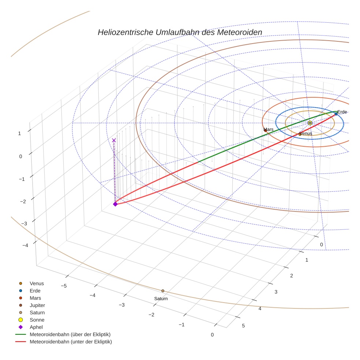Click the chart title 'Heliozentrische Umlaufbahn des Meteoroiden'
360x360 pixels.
point(180,32)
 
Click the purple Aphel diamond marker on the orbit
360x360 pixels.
point(115,204)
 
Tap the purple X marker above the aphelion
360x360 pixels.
point(114,140)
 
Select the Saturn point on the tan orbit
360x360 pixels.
point(163,291)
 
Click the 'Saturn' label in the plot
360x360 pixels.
point(161,299)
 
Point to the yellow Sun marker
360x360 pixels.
point(310,123)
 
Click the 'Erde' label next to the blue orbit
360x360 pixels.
point(342,112)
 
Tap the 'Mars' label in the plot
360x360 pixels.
point(268,130)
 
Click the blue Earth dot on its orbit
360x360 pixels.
point(336,114)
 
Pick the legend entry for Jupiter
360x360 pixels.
point(37,305)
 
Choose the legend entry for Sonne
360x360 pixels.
point(37,320)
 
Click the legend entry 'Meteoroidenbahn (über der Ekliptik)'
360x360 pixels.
point(70,334)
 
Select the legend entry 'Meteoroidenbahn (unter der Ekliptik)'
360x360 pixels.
point(71,342)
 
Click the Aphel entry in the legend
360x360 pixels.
point(36,327)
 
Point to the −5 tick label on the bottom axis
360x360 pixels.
point(63,286)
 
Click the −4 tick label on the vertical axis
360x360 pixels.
point(25,245)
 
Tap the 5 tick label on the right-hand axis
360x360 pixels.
point(243,326)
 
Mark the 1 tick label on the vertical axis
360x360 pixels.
point(19,133)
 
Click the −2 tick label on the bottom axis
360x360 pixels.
point(151,315)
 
